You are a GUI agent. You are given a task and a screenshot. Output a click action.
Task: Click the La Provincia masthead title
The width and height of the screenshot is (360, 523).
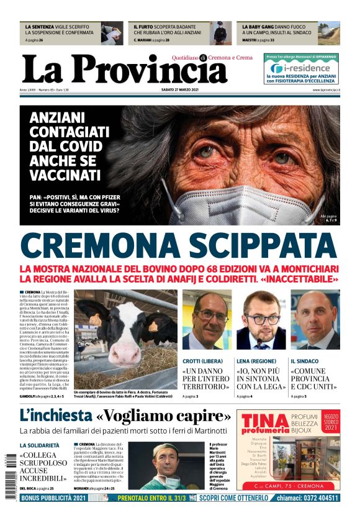tap(124, 69)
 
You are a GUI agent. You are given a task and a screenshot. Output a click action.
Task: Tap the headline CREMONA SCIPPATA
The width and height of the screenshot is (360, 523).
tap(179, 246)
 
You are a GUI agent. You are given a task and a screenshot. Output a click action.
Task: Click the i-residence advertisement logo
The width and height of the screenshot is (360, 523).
tap(301, 69)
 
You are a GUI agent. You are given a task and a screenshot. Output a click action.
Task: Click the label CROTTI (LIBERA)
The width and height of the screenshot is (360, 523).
tap(203, 361)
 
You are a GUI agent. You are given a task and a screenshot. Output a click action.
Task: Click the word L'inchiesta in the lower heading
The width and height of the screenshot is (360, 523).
tap(55, 415)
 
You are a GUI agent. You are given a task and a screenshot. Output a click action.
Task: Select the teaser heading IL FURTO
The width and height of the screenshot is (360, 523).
tap(150, 27)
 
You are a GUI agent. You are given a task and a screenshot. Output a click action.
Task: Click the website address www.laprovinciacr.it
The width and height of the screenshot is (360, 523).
tap(323, 91)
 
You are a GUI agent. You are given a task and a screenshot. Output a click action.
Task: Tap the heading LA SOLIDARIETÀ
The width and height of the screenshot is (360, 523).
tap(40, 445)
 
